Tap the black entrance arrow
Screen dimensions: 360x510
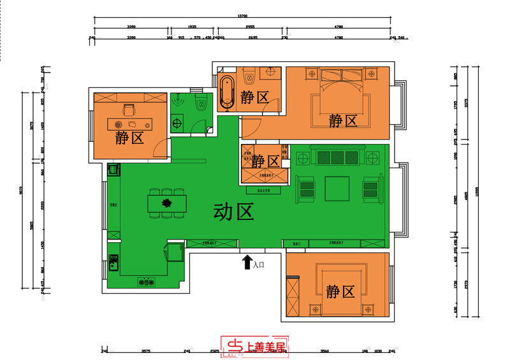pyautogui.click(x=246, y=262)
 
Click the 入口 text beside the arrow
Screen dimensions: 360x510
pyautogui.click(x=259, y=264)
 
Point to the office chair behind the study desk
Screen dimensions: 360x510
pyautogui.click(x=130, y=110)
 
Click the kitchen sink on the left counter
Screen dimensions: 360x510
pyautogui.click(x=113, y=262)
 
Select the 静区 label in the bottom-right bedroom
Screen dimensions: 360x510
pyautogui.click(x=340, y=292)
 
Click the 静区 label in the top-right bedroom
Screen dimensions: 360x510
pyautogui.click(x=342, y=120)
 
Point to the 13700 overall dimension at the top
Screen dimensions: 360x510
pyautogui.click(x=242, y=15)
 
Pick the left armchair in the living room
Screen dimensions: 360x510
pyautogui.click(x=307, y=189)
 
